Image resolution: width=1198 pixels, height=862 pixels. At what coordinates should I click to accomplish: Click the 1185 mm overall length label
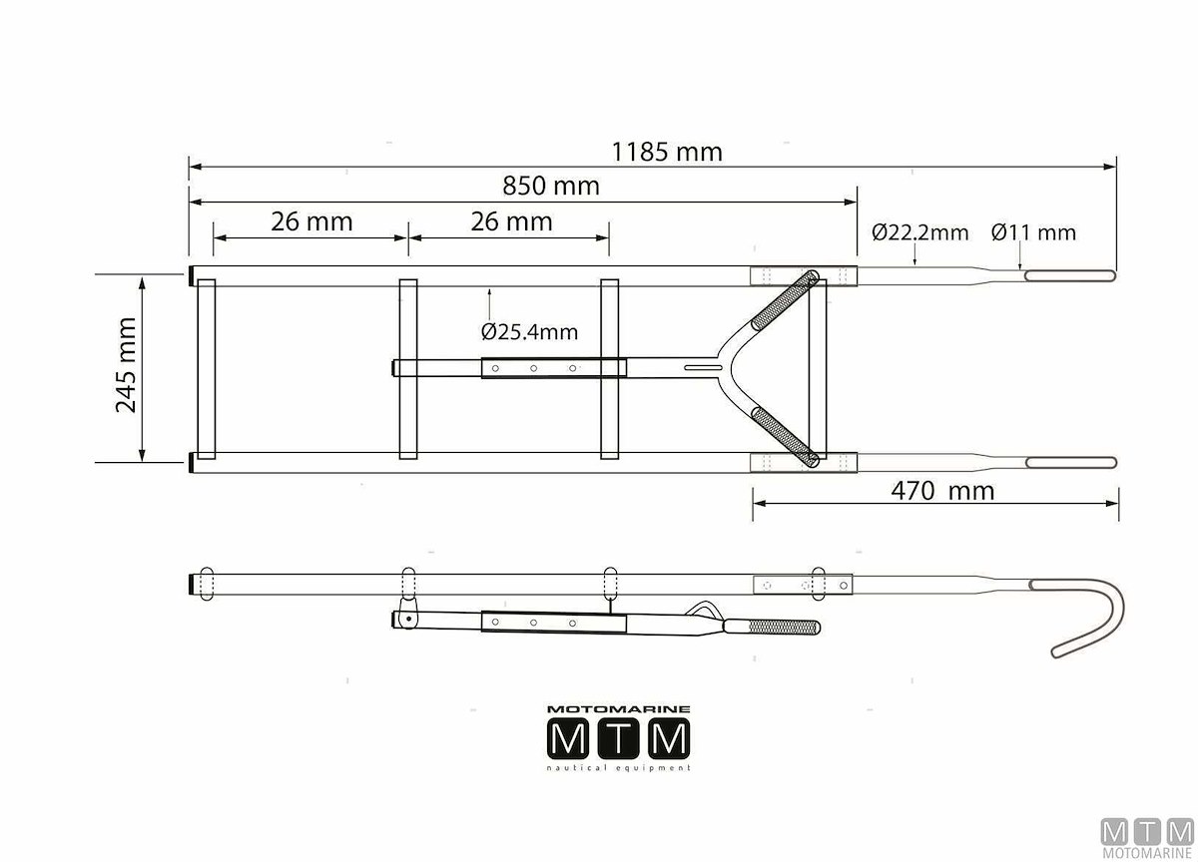tap(667, 152)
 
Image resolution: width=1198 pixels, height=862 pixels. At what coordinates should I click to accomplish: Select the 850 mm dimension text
tap(551, 186)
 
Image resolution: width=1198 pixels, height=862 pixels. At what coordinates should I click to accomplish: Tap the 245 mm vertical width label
tap(126, 365)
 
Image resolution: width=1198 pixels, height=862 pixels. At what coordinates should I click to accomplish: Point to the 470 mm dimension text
tap(942, 491)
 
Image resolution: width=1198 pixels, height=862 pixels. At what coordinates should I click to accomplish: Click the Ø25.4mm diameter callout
tap(529, 332)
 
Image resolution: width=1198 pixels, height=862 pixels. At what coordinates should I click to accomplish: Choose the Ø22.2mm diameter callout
tap(919, 232)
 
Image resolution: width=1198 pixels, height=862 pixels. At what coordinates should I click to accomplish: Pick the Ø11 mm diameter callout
tap(1033, 232)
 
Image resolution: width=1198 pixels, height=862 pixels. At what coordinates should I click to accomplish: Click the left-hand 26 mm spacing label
tap(311, 221)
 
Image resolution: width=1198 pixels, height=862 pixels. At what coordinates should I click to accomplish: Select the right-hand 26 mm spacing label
tap(511, 221)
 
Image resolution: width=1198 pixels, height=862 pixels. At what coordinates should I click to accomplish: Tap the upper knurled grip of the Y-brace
tap(785, 300)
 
